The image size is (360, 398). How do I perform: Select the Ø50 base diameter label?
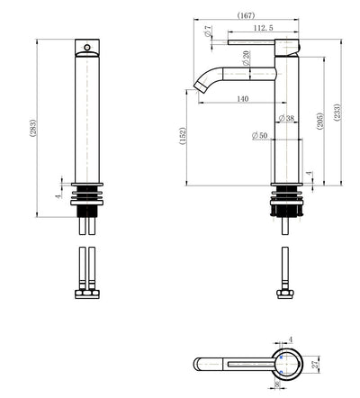258,136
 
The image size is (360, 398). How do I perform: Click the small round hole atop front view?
87,44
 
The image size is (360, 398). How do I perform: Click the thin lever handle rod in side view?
256,41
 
